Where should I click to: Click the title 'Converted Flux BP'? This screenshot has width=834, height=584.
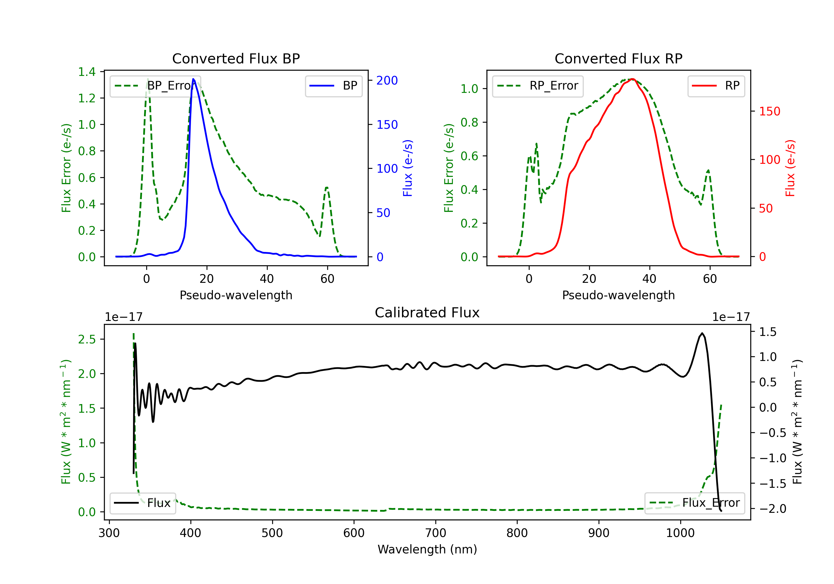tap(236, 58)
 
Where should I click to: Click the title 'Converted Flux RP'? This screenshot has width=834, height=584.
tap(619, 58)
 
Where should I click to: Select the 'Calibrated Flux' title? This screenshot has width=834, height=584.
tap(427, 313)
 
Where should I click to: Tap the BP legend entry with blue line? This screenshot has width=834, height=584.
tap(333, 86)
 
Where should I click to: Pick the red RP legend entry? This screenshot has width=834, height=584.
tap(716, 86)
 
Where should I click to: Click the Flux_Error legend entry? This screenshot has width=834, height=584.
tap(694, 503)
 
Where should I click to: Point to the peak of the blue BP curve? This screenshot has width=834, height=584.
tap(193, 79)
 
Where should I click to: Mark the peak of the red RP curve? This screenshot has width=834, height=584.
tap(632, 79)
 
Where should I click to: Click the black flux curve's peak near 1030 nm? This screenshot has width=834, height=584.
tap(702, 333)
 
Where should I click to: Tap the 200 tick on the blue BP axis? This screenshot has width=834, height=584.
tap(387, 80)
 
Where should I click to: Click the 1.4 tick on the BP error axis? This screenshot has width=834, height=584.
tap(87, 71)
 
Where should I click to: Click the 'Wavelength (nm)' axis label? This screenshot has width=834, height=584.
tap(427, 549)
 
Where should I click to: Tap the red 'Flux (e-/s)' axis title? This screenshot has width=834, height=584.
tap(790, 168)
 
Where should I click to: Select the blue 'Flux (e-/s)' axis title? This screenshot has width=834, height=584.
tap(408, 168)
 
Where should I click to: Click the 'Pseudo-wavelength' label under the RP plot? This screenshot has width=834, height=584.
tap(619, 295)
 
